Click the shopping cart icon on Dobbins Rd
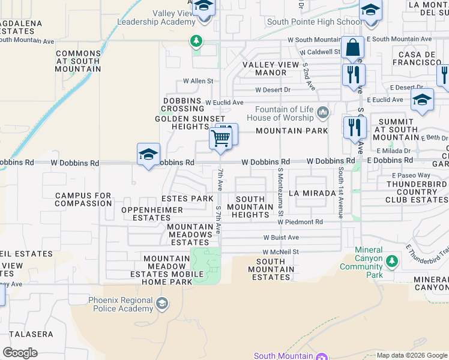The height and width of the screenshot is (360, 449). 221,139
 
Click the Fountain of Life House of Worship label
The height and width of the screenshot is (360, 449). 284,113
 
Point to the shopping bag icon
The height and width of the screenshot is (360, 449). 352,47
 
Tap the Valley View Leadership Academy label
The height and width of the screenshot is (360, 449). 157,17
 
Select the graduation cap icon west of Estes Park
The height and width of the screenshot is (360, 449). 148,155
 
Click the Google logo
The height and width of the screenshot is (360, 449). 20,352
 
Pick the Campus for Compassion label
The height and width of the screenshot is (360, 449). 83,200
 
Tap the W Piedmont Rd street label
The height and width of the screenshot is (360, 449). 300,222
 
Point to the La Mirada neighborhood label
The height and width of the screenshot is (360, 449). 310,194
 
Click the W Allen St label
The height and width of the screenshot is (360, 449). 198,81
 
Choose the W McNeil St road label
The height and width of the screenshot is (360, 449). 280,252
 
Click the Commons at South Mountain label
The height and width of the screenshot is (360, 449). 79,61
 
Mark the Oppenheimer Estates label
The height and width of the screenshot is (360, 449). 147,214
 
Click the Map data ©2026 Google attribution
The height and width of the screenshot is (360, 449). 411,355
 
